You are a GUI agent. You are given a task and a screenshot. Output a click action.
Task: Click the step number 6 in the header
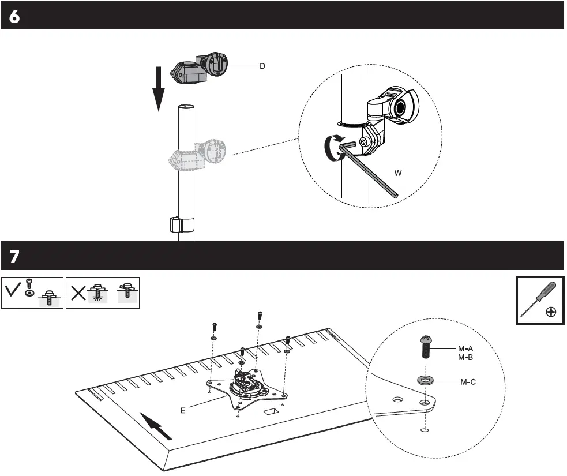pos(14,17)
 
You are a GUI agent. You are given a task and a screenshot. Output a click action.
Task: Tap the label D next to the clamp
pos(262,66)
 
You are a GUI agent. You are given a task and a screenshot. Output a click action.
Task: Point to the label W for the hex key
pos(397,173)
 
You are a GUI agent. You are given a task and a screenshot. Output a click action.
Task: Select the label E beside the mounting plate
pos(182,410)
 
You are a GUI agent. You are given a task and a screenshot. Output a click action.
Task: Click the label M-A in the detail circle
pos(465,348)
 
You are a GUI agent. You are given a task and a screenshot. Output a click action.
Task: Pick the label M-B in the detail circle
pos(465,357)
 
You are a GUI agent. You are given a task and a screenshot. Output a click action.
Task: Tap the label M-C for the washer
pos(468,382)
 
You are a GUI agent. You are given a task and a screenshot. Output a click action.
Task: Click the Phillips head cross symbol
pos(551,312)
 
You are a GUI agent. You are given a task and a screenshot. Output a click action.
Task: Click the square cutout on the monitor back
pos(270,413)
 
